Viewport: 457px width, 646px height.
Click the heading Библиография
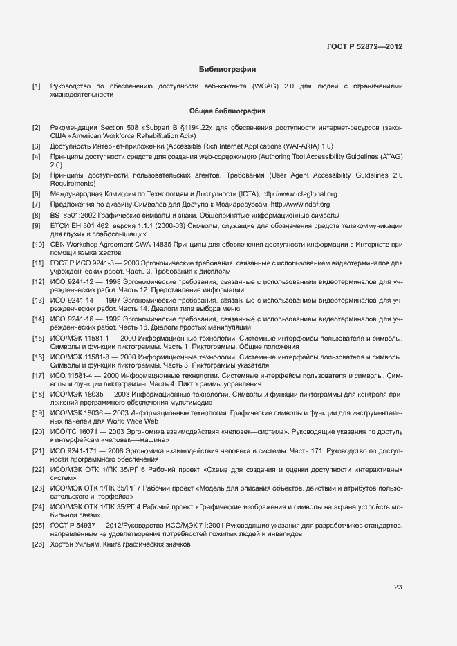227,70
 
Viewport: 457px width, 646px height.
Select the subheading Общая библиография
227,111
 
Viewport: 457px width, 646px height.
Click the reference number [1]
36,86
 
